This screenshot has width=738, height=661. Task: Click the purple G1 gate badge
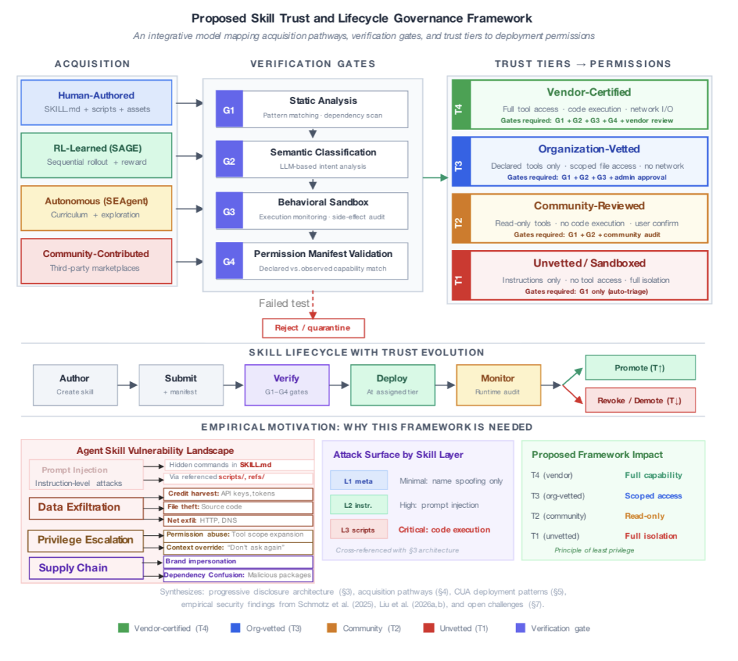229,109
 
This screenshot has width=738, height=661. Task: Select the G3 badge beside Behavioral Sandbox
229,211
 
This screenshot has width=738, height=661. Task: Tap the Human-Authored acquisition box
96,103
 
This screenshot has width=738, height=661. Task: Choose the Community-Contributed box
96,260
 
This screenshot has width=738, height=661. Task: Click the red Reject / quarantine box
313,327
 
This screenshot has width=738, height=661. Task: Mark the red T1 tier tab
459,275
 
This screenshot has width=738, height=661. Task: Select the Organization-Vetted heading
589,149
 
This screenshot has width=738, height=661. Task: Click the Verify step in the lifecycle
287,385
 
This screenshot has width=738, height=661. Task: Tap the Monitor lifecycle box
498,385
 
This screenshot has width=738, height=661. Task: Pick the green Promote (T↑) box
640,368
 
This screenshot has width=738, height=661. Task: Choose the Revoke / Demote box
640,401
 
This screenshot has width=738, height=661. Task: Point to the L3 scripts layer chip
359,530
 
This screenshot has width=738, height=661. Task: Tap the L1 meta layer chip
359,481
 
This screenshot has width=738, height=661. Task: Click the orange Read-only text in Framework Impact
644,516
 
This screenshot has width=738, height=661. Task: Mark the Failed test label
284,303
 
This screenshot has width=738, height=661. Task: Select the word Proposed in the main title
217,18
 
